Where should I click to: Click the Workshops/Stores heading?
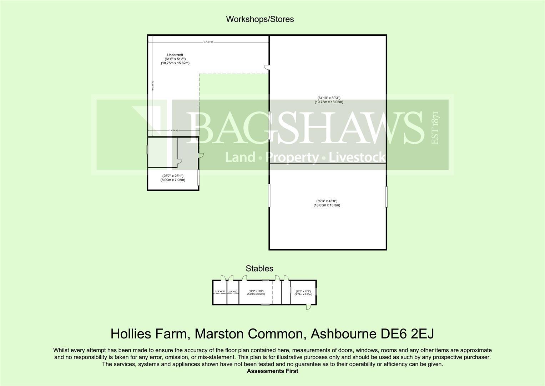260,19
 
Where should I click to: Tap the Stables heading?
259,268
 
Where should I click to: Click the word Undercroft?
175,55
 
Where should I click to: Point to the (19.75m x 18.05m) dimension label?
328,102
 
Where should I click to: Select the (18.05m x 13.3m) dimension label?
327,205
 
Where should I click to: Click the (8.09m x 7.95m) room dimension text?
173,180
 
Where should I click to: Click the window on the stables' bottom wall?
265,305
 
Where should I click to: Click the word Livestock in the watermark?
357,157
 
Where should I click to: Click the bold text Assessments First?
272,371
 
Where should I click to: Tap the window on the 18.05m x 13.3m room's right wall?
386,196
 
